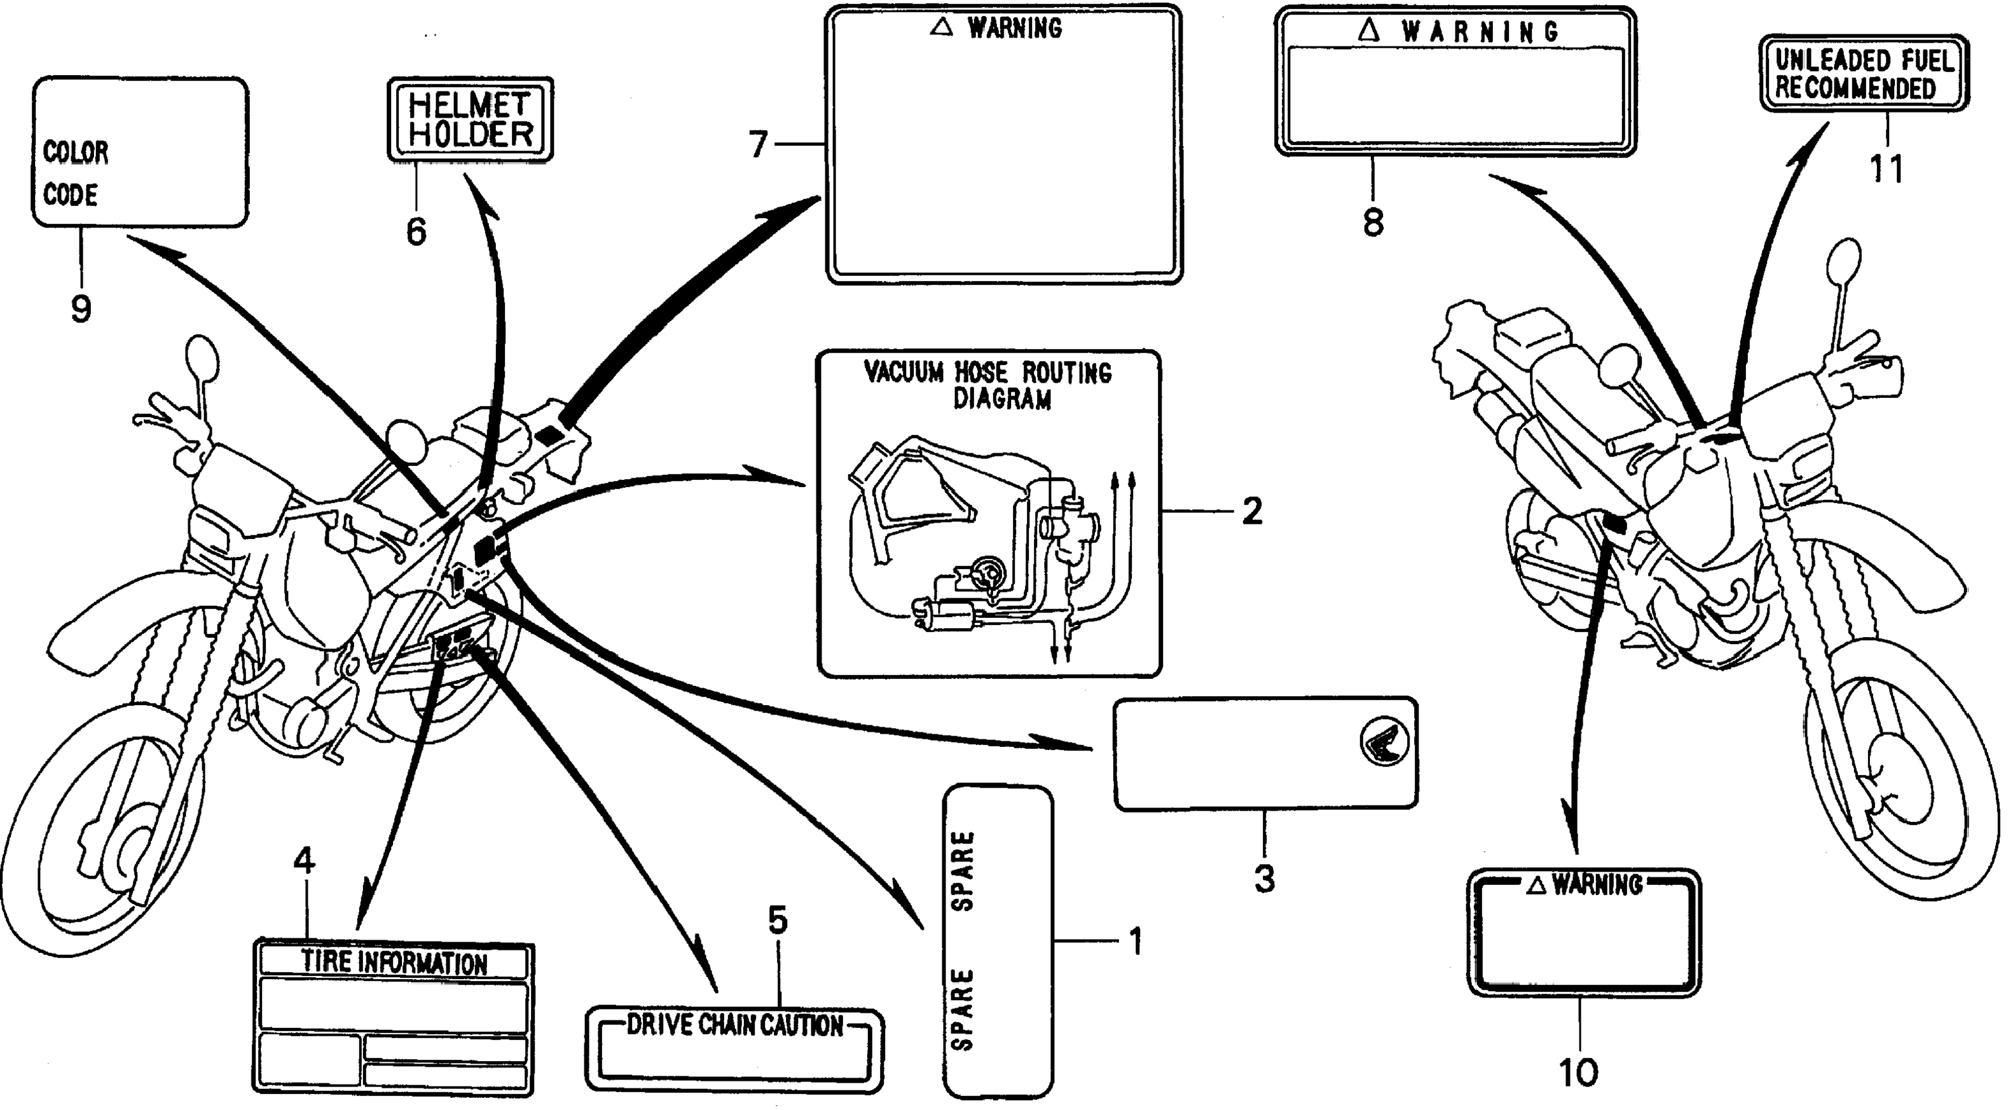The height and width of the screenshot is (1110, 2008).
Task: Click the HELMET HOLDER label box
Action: point(470,120)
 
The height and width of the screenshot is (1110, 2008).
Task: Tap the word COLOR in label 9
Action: point(76,152)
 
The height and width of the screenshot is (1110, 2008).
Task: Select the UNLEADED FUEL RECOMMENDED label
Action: point(1864,74)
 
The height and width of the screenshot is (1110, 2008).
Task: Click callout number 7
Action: point(759,145)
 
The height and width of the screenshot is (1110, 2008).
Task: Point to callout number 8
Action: point(1373,222)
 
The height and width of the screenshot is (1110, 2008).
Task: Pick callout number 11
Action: point(1887,168)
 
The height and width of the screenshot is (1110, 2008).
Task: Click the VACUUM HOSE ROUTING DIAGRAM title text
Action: point(988,385)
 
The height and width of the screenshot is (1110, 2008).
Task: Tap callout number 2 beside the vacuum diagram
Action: point(1252,511)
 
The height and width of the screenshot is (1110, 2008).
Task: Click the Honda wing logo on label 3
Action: point(1385,741)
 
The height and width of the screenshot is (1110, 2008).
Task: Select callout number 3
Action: point(1264,879)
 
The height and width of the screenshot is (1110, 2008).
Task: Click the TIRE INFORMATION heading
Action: point(394,962)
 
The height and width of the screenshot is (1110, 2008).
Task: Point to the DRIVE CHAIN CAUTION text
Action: point(734,1025)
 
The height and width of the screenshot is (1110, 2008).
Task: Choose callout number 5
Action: point(777,921)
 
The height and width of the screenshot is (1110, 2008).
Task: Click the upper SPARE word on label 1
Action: point(963,871)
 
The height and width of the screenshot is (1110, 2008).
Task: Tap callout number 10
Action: point(1579,1073)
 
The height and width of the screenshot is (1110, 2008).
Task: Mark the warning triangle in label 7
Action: point(942,27)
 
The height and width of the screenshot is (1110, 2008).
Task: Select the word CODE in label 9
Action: point(70,195)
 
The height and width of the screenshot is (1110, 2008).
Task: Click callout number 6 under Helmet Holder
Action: point(416,231)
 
